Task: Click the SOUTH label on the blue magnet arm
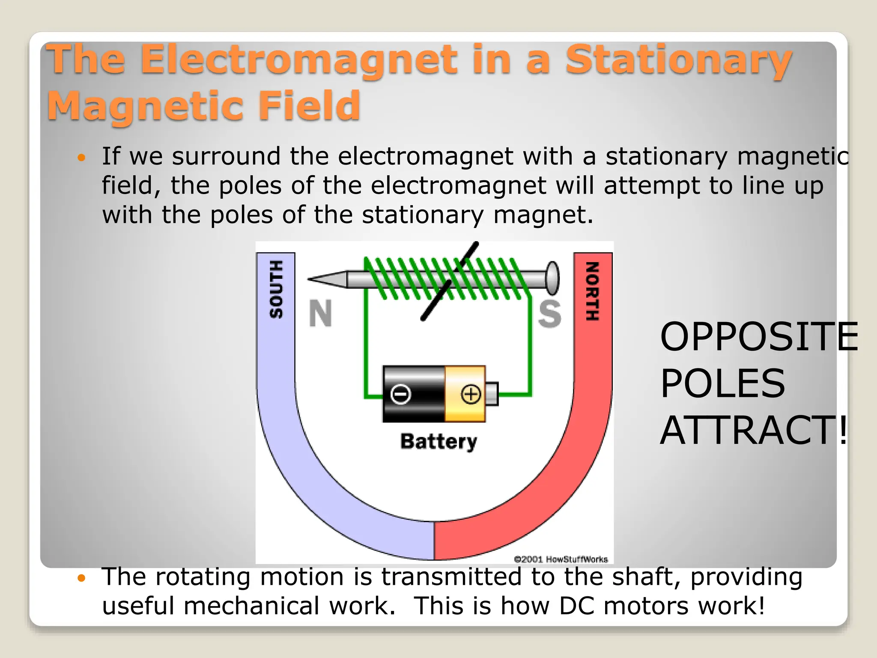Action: point(276,290)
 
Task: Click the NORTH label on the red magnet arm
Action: point(592,291)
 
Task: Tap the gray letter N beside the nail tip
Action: point(320,314)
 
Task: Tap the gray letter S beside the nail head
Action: point(549,314)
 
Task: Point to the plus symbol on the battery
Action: point(471,394)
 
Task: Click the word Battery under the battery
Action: point(438,441)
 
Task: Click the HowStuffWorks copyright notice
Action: point(561,559)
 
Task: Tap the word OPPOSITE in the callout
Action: point(759,337)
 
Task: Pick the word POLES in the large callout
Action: point(723,383)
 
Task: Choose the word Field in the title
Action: point(309,106)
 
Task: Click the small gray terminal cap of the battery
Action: point(492,394)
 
